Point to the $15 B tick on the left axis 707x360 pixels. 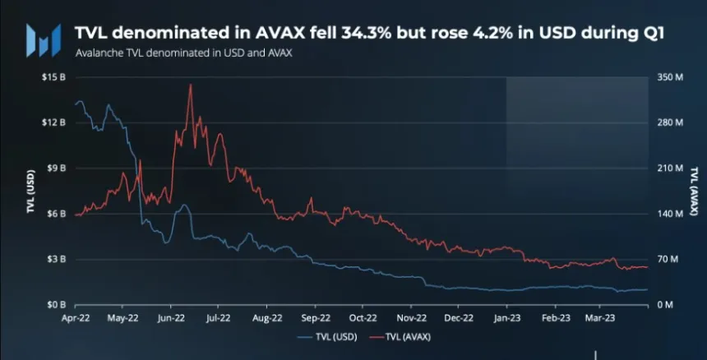click(x=54, y=77)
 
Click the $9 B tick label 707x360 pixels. click(x=57, y=168)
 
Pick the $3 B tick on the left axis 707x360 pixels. click(x=57, y=259)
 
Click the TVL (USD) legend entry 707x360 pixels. click(x=329, y=337)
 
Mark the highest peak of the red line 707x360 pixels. click(x=191, y=85)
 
